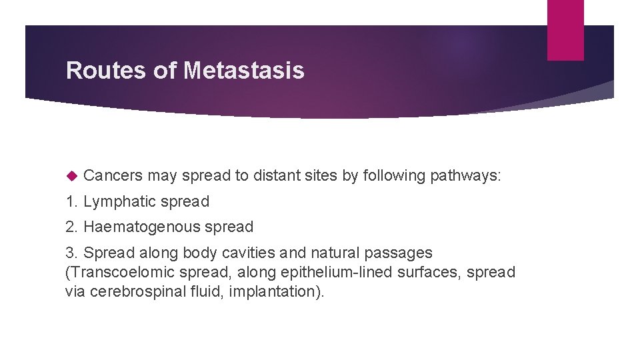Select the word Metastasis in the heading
243,71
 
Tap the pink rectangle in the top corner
565,30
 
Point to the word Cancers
113,176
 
